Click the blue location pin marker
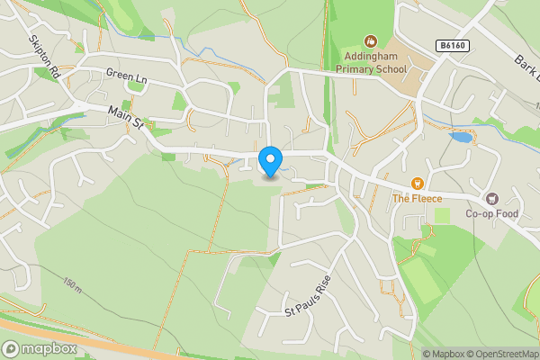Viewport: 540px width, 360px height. coord(269,161)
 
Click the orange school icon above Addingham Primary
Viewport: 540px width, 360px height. coord(371,40)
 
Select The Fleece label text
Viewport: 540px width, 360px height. coord(417,198)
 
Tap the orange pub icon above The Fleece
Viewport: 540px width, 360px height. coord(417,183)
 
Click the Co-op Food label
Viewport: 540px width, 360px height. coord(492,214)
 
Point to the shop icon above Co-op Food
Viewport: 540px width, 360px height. coord(492,198)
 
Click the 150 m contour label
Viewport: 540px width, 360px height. coord(73,286)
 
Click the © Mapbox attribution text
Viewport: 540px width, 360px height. coord(445,354)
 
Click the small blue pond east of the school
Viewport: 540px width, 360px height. coord(460,137)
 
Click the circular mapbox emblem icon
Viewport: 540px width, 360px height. coord(11,348)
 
